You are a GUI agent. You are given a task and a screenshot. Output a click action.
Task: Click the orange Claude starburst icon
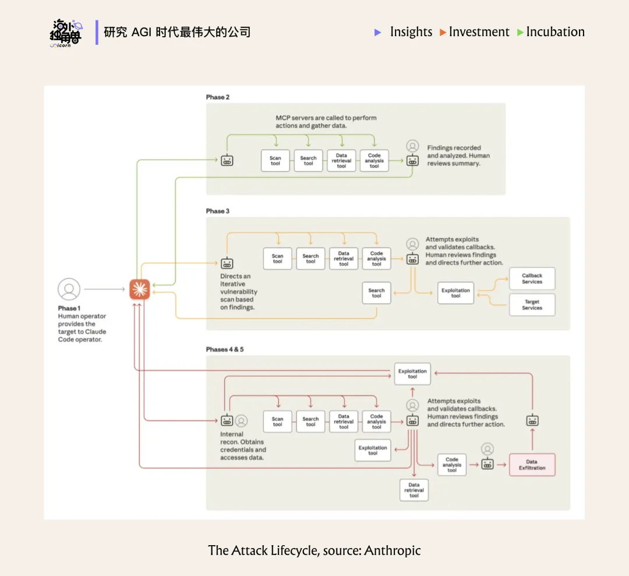pos(140,289)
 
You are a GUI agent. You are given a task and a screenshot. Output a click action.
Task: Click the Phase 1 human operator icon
pos(69,289)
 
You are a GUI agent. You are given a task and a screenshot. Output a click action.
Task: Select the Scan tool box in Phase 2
pos(275,161)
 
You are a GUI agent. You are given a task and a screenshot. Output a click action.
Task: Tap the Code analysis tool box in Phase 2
pos(374,161)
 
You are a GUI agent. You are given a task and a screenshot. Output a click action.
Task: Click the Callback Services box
pos(532,279)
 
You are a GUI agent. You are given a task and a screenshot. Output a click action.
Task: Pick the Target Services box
pos(532,305)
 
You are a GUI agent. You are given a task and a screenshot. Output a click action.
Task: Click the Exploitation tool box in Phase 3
pos(455,293)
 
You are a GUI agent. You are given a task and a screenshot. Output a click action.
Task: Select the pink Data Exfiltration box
pos(532,465)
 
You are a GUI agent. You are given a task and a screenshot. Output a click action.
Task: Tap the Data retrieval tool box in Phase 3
pos(344,259)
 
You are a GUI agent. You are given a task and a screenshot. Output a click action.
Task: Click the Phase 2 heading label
pos(218,97)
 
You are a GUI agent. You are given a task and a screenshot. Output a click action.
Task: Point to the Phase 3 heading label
pos(218,211)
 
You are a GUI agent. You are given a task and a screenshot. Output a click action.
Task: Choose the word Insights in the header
pos(411,32)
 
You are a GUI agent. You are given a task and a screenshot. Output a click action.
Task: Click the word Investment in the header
pos(479,32)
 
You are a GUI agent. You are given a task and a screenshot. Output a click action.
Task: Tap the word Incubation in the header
pos(555,32)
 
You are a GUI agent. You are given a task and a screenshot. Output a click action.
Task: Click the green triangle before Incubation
pos(520,33)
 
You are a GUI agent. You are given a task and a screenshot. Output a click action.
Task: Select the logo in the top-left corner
pos(66,33)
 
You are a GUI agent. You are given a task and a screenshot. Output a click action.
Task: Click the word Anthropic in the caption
pos(392,550)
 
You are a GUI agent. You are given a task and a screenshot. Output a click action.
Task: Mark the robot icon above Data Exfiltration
pos(532,420)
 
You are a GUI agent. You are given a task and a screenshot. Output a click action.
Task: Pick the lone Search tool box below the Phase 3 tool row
pos(376,293)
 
